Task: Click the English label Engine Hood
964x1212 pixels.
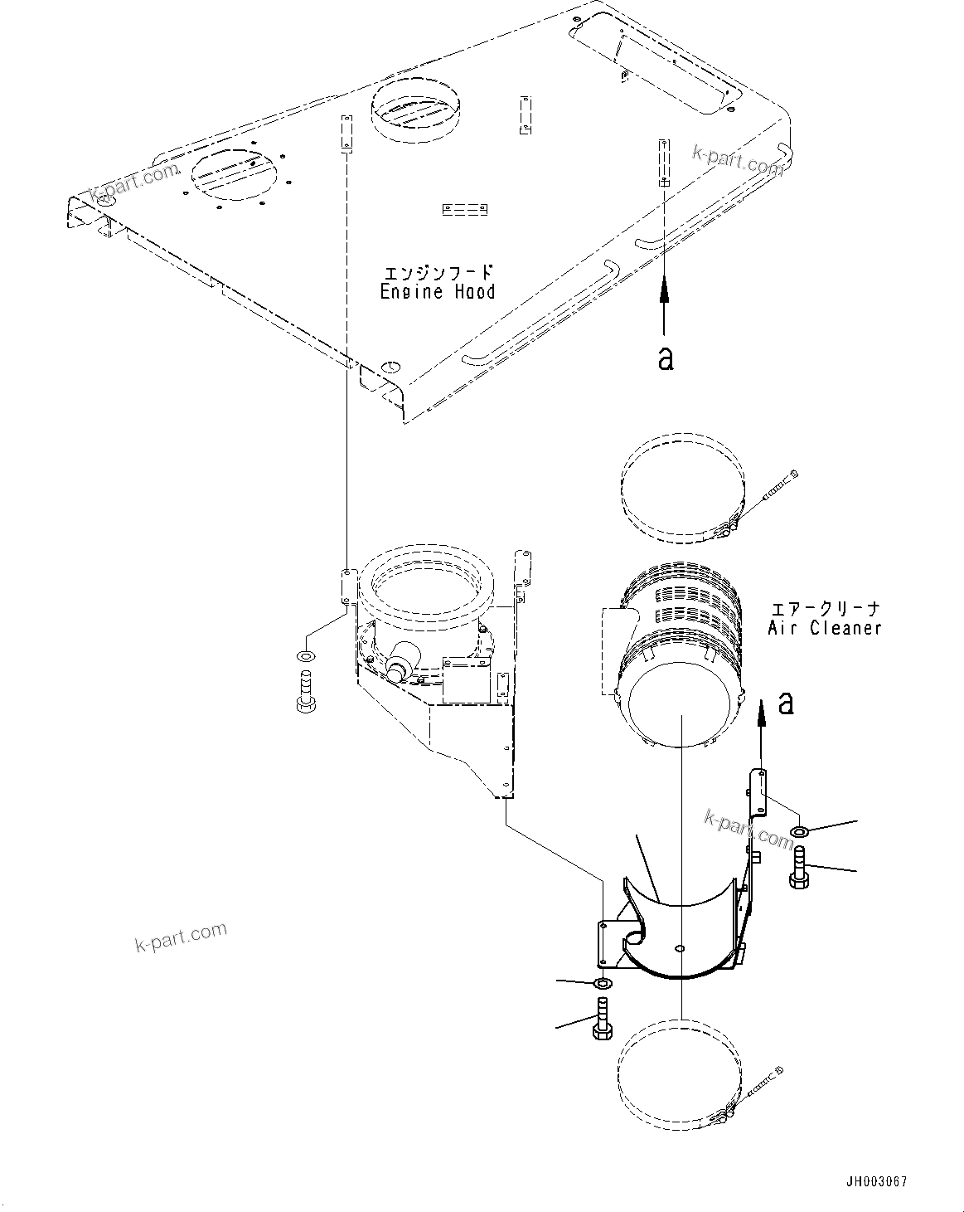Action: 438,292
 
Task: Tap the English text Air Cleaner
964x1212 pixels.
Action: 824,628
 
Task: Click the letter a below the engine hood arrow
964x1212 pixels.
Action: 665,358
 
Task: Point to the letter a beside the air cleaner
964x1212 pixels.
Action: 786,703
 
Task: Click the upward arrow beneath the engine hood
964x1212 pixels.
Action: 664,307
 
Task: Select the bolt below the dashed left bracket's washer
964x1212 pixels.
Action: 303,695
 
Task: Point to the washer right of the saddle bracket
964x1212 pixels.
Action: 800,831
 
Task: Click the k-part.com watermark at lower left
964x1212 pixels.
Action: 180,937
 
